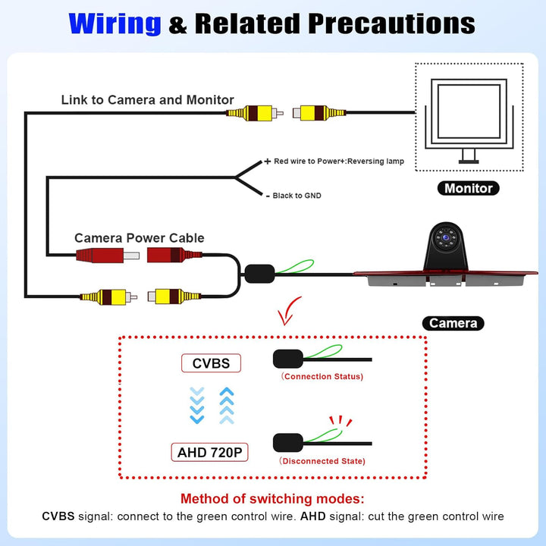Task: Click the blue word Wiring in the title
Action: [115, 24]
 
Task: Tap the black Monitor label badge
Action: [469, 188]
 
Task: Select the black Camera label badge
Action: [453, 323]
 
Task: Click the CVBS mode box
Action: [211, 363]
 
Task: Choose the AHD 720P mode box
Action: [209, 452]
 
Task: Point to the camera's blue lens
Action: [446, 237]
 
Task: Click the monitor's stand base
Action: [469, 162]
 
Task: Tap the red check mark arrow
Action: [288, 311]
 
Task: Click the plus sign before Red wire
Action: [267, 162]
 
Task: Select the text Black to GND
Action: [297, 196]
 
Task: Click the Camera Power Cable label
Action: [140, 238]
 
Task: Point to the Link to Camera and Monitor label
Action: [148, 100]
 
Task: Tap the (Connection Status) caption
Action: [322, 376]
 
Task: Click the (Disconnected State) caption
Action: [322, 461]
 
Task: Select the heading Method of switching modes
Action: [272, 499]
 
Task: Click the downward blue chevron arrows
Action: [197, 405]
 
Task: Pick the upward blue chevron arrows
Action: [227, 405]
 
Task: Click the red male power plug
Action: [108, 256]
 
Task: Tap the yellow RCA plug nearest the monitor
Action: [319, 113]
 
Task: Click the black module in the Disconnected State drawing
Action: [288, 443]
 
